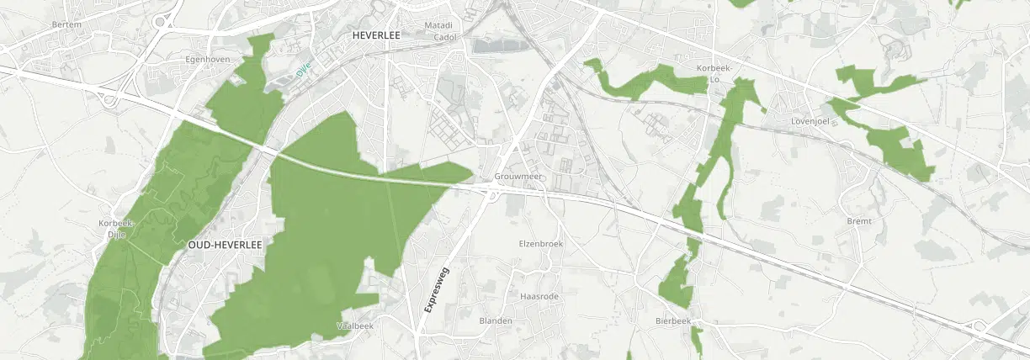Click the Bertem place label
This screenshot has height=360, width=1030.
tap(66, 24)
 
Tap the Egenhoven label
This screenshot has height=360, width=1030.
tap(207, 60)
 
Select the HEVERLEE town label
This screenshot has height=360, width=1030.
tap(376, 35)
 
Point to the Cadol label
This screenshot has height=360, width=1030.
tap(444, 37)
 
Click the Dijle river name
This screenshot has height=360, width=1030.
tap(304, 68)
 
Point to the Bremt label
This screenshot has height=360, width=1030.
tap(859, 220)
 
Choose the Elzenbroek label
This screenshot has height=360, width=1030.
tap(540, 243)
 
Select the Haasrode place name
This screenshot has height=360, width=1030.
tap(539, 297)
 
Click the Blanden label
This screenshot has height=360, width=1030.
tap(496, 321)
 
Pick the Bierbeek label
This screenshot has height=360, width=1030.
tap(672, 321)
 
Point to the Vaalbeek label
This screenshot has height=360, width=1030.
tap(355, 325)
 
